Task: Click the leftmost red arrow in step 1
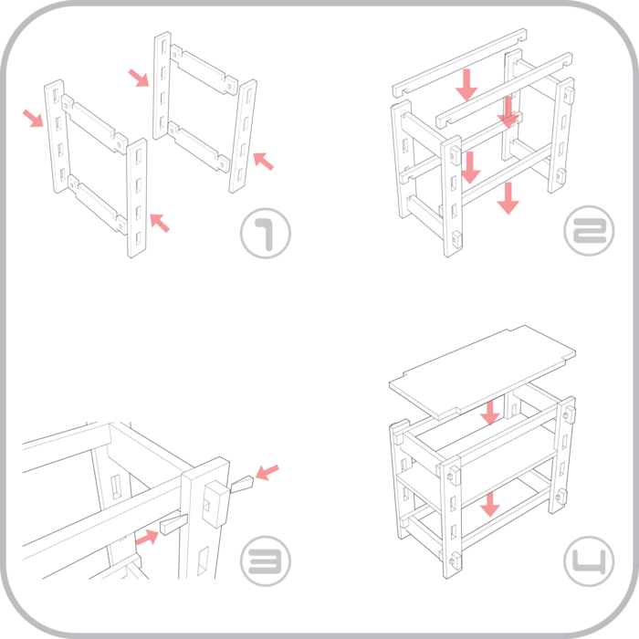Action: [x=33, y=117]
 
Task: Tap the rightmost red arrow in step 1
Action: [x=263, y=161]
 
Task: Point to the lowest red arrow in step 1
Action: [x=159, y=221]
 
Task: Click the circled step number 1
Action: [x=266, y=235]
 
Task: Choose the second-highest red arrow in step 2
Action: [x=507, y=112]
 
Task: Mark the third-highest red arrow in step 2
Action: [x=471, y=168]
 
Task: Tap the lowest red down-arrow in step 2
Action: [x=508, y=198]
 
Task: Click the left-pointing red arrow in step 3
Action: [x=267, y=472]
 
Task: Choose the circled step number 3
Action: [x=266, y=560]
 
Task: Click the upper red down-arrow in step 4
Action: [x=491, y=413]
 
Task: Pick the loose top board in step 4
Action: [x=482, y=365]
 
